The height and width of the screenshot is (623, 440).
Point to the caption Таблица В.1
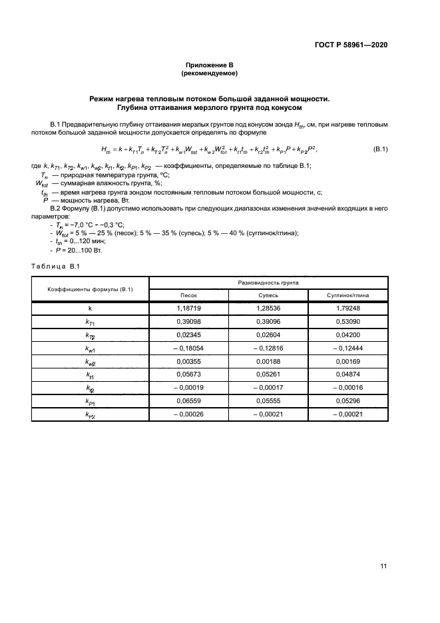pyautogui.click(x=55, y=267)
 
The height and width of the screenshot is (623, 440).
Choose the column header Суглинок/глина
pyautogui.click(x=347, y=295)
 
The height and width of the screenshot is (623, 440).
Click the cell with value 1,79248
pyautogui.click(x=347, y=309)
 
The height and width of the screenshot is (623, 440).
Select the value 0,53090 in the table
pyautogui.click(x=347, y=322)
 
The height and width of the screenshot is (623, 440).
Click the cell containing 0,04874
pyautogui.click(x=347, y=375)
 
